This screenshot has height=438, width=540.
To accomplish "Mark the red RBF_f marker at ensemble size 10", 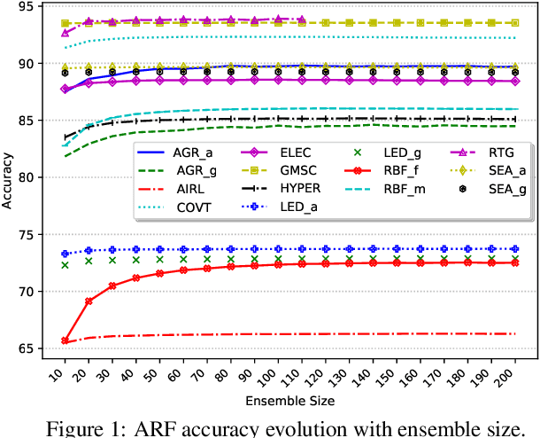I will pos(65,340).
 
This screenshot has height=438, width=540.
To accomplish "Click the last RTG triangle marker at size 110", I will pos(301,19).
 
